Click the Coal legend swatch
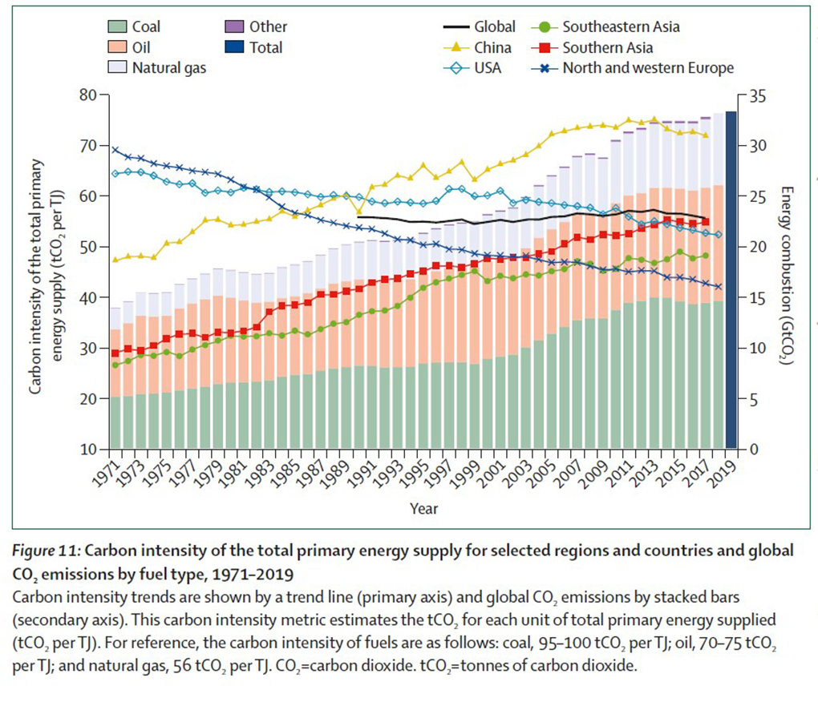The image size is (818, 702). (x=117, y=27)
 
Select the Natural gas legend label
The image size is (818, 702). (x=168, y=68)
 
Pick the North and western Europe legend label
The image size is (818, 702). (x=648, y=68)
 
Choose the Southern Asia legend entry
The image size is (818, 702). (x=607, y=48)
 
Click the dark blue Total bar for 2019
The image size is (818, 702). (x=731, y=280)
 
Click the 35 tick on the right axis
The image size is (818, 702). (x=758, y=95)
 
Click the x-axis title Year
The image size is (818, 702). (x=423, y=508)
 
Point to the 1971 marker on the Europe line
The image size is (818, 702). (x=115, y=150)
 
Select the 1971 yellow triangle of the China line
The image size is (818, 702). (x=115, y=260)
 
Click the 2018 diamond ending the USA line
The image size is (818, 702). (x=719, y=235)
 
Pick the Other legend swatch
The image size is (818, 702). (x=238, y=27)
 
